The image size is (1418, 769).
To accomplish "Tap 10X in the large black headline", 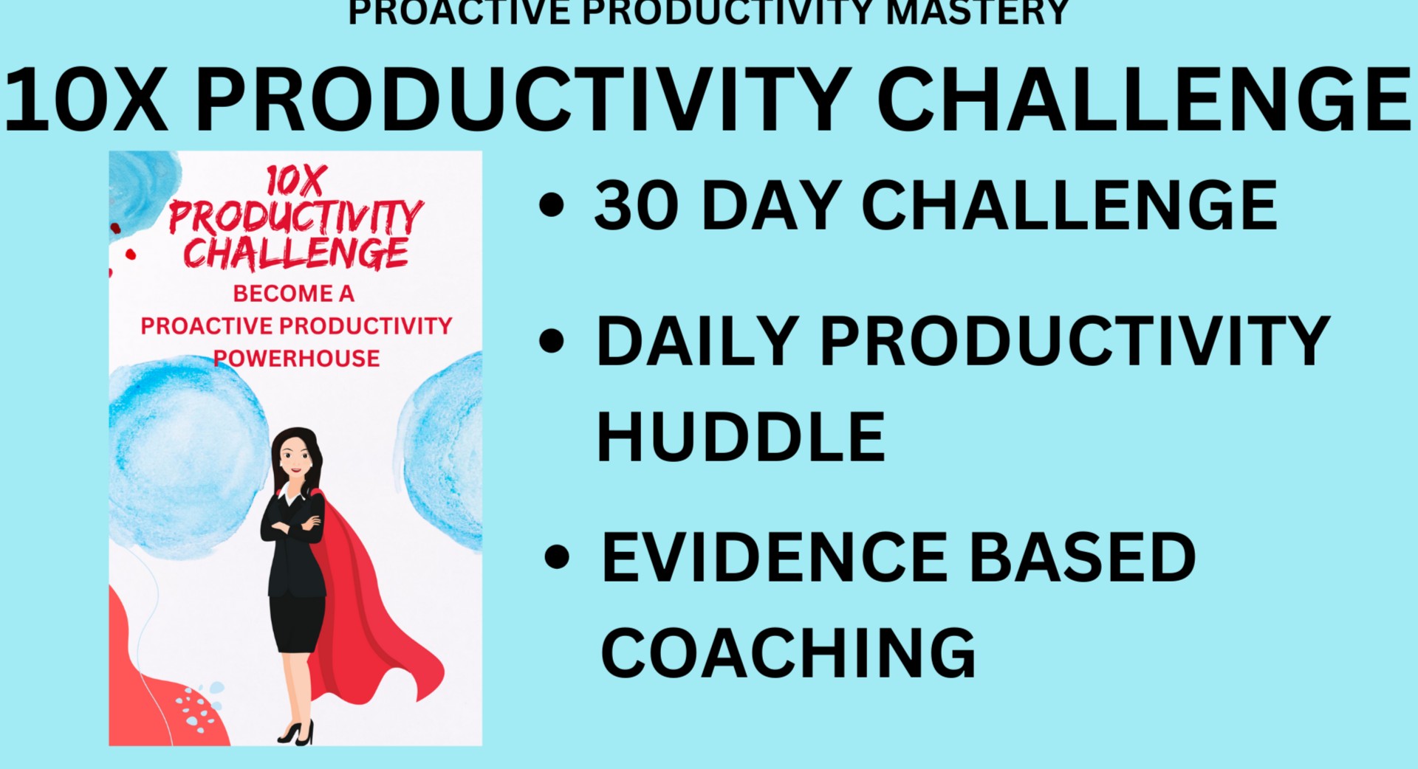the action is [86, 100].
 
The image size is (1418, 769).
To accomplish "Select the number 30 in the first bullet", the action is [636, 205].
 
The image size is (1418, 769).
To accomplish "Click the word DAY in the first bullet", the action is [771, 205].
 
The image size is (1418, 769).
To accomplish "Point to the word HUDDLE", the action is [741, 437].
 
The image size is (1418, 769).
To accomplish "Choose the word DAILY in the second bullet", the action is [696, 340].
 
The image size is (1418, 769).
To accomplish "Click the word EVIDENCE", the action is [774, 558].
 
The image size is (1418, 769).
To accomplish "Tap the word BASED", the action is [1082, 558].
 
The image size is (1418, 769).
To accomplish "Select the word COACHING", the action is [789, 652].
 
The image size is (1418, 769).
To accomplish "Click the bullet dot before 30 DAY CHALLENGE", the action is [552, 205].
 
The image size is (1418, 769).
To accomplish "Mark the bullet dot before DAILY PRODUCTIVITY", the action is [552, 341].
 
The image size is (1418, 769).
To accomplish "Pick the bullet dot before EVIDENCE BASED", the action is [557, 558].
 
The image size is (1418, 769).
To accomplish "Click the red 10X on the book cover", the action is [295, 181].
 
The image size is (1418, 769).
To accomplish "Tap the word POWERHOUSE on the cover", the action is [296, 359].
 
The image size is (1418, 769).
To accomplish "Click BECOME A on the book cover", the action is [293, 294].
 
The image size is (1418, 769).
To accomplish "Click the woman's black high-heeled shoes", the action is [296, 733].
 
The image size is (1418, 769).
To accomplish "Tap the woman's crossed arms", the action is [292, 525].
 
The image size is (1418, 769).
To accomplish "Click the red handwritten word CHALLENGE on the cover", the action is [295, 254].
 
